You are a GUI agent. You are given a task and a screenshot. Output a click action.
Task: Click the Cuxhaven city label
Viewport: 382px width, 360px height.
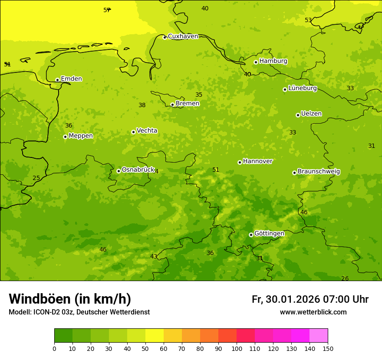tap(183, 36)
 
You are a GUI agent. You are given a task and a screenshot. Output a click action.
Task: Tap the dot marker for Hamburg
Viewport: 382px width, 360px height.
tap(256, 62)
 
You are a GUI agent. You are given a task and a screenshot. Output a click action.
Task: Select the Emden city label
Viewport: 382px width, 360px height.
tap(71, 79)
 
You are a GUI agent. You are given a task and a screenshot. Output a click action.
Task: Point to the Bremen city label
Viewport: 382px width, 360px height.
tap(188, 104)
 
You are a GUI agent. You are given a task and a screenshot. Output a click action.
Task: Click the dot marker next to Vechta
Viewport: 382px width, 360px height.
tap(133, 132)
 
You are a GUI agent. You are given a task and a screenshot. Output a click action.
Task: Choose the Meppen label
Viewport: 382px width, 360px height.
tap(81, 136)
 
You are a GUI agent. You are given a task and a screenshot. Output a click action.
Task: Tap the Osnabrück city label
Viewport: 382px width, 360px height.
tap(138, 170)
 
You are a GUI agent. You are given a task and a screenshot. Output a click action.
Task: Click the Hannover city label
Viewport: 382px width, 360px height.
tap(257, 161)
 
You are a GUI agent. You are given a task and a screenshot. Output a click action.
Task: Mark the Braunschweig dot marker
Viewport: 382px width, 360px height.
tap(294, 173)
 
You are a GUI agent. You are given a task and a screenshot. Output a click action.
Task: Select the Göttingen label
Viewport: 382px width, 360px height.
tap(269, 234)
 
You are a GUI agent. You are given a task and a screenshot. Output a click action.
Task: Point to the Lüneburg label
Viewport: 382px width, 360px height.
tap(303, 88)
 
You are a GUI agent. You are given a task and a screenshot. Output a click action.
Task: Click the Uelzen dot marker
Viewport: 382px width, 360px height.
tap(298, 115)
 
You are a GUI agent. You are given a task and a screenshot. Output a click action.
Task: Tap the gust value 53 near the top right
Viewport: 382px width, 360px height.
tap(308, 20)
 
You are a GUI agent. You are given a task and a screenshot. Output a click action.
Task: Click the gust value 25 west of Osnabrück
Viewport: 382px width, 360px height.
tap(36, 178)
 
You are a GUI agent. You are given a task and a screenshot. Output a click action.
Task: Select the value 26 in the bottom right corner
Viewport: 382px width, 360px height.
tap(345, 278)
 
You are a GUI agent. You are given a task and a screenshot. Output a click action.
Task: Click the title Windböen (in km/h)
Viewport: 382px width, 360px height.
tap(70, 299)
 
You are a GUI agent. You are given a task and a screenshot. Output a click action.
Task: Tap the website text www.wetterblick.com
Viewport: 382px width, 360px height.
tap(313, 312)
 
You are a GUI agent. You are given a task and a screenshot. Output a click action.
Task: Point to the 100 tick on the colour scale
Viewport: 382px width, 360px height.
tap(237, 348)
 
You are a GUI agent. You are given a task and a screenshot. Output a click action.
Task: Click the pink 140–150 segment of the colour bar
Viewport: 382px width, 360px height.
tap(319, 336)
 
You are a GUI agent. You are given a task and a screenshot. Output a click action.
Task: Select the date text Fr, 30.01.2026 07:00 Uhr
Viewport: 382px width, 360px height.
tap(310, 299)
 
